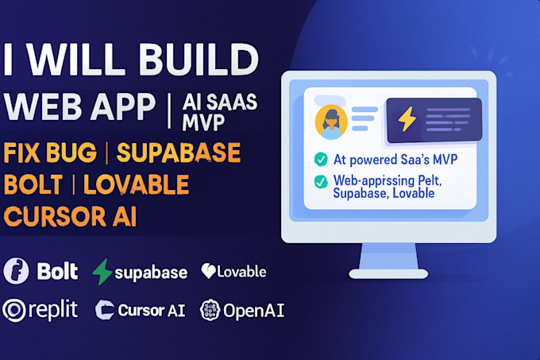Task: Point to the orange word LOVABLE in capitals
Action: pos(136,184)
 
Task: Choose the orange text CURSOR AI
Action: pos(70,217)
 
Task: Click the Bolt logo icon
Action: pos(16,271)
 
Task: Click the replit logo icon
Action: pos(14,310)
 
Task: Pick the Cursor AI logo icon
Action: pos(105,310)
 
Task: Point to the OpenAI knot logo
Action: pos(210,310)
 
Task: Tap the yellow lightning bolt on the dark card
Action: pos(407,120)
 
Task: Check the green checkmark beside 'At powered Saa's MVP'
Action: pos(321,157)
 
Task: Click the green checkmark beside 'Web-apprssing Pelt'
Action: pos(321,181)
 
